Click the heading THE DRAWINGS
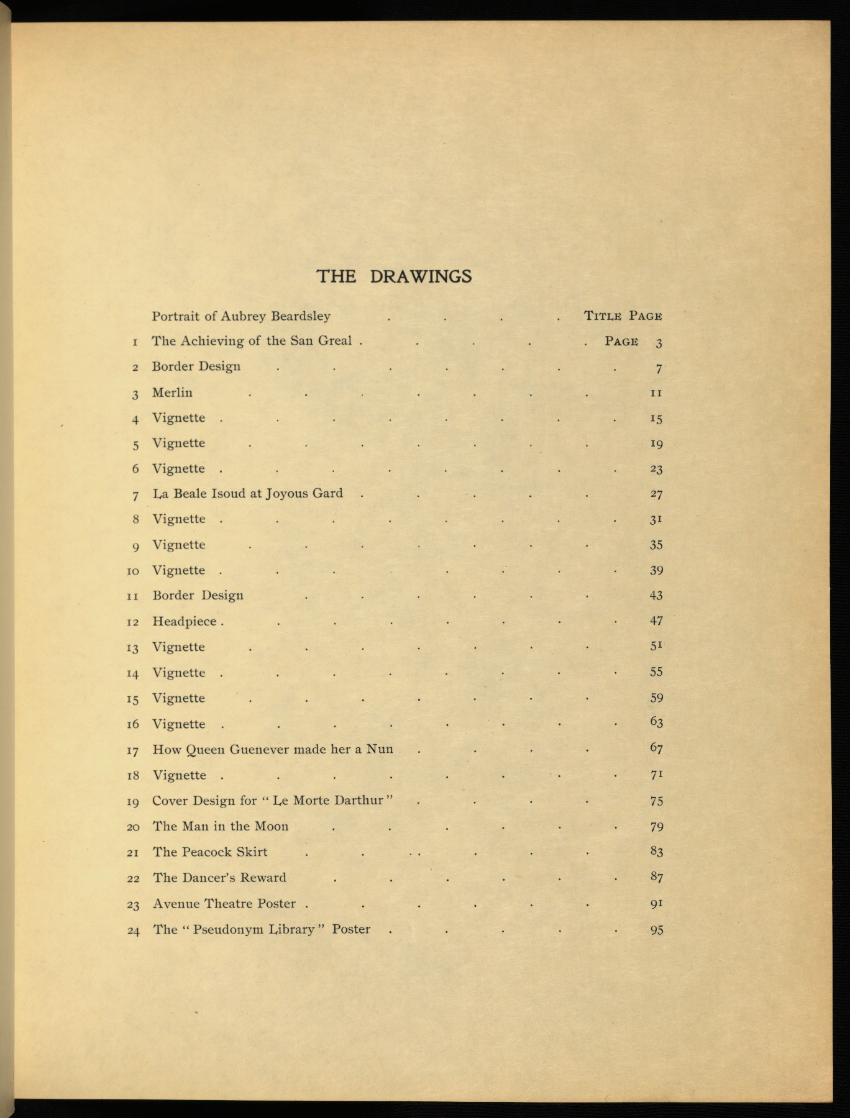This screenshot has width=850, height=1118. point(394,276)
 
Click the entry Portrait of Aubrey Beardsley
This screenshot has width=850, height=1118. point(241,316)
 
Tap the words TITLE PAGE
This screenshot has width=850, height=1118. point(623,316)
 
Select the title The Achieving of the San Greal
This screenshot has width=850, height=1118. point(252,341)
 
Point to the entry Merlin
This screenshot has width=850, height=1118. point(172,393)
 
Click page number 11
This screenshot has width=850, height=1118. point(656,393)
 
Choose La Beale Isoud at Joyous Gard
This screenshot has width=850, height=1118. point(247,494)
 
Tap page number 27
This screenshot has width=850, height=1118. point(656,494)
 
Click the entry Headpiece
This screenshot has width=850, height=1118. point(185,621)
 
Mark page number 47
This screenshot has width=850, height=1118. point(656,620)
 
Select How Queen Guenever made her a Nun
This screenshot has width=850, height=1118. point(273,749)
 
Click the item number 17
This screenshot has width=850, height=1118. point(132,750)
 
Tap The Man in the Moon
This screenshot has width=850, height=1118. point(221,826)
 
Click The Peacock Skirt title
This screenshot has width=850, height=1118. point(210,852)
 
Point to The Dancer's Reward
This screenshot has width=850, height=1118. point(219,878)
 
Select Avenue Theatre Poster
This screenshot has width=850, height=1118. point(224,904)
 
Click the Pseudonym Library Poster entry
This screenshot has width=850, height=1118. point(262,929)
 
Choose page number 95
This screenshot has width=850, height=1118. point(656,930)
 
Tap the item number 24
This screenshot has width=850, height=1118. point(133,930)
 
